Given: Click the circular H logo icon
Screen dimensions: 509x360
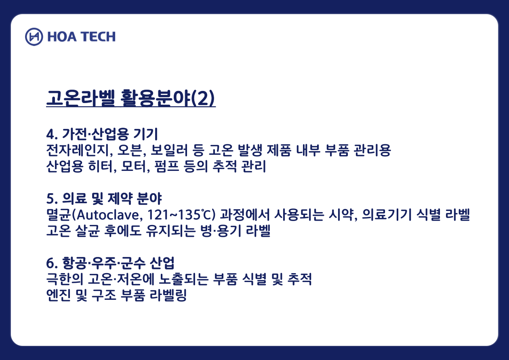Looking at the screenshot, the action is pos(34,37).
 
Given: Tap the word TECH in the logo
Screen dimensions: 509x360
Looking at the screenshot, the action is pos(99,37).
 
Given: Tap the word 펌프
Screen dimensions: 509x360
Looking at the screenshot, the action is pos(166,166).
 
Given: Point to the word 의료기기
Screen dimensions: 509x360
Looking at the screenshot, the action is pos(387,215).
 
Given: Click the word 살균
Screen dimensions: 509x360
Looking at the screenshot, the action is pos(87,231).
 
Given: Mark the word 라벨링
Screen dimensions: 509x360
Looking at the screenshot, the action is pos(168,295).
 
